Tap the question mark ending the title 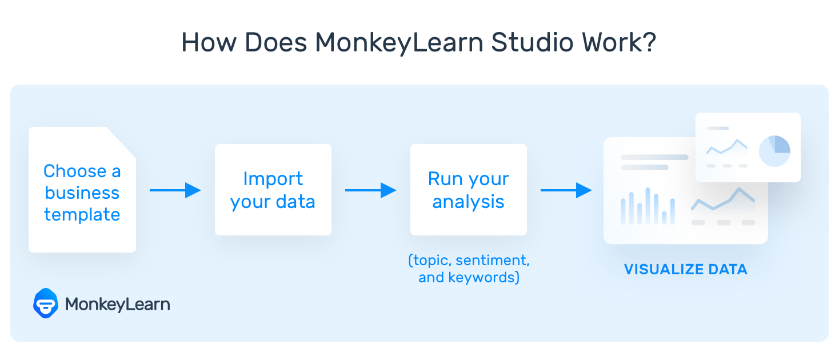click(648, 42)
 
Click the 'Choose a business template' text click(82, 193)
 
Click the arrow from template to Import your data click(175, 190)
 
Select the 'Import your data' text click(273, 190)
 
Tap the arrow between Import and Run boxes click(370, 190)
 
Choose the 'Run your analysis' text click(468, 190)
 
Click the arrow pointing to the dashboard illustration click(566, 190)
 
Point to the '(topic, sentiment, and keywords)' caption click(469, 269)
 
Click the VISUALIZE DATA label click(685, 269)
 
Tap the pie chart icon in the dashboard click(774, 151)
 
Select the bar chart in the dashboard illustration click(648, 207)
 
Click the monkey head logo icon click(46, 303)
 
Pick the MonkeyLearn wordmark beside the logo click(117, 304)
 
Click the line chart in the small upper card click(726, 146)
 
